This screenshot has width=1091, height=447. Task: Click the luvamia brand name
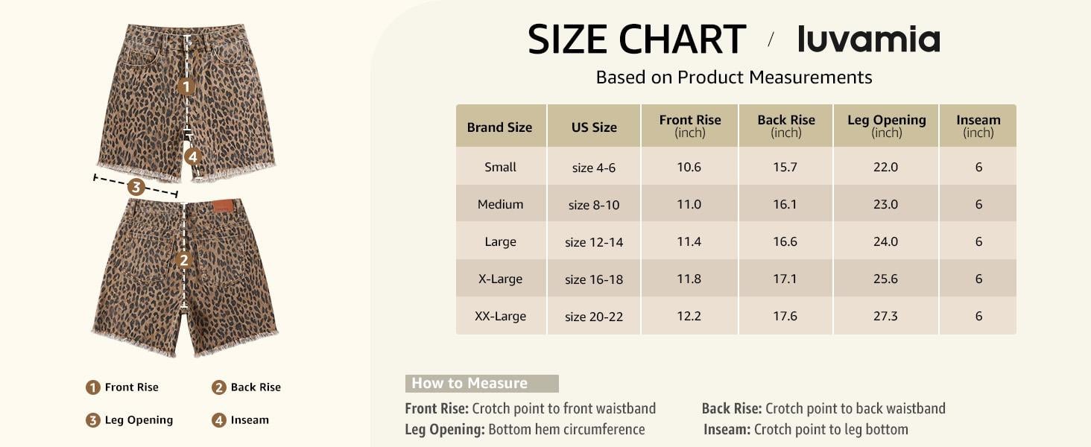point(868,39)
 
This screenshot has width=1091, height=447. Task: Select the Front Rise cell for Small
point(689,167)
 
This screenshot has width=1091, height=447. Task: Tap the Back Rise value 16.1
point(785,204)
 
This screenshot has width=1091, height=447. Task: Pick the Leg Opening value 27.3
point(885,316)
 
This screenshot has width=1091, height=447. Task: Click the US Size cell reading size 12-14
point(594,242)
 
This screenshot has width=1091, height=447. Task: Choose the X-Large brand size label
point(500,279)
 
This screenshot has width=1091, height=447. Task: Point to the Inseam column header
point(978,125)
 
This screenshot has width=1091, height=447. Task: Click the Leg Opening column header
point(886,125)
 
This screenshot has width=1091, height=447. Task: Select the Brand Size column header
point(499,127)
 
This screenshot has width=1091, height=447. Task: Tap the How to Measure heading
point(469,384)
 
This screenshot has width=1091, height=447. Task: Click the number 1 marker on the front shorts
point(186,87)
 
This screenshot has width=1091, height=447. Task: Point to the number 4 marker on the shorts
point(192,156)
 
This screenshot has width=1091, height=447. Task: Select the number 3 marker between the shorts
point(136,187)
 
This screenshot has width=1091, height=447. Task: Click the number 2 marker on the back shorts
point(184,260)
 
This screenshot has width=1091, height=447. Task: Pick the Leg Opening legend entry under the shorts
point(130,420)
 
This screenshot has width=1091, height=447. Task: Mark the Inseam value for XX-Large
point(978,316)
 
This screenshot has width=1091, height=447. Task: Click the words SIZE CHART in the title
point(636,39)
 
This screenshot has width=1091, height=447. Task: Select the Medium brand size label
point(500,204)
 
